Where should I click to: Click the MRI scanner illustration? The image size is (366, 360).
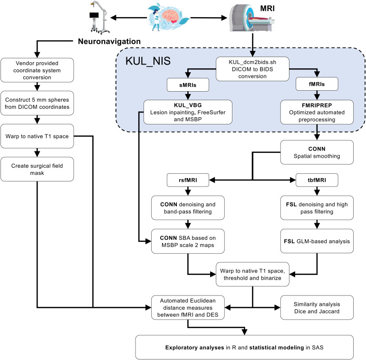click(251, 18)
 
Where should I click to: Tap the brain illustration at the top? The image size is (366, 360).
click(170, 16)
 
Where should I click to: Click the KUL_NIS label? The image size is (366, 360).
click(148, 61)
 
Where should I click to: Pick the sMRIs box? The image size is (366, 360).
click(188, 85)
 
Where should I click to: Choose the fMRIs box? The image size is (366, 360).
click(317, 84)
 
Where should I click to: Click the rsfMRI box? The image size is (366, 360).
click(188, 180)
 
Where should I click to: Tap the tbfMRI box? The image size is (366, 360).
click(317, 180)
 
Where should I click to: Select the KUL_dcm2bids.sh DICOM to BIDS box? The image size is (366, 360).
click(252, 69)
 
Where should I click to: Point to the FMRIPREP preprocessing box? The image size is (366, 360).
click(317, 112)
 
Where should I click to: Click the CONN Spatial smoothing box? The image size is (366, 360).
click(317, 152)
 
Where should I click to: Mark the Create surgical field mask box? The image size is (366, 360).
click(37, 169)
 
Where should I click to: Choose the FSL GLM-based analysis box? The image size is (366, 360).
click(317, 241)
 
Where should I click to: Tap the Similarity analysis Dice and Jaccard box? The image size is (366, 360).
click(317, 308)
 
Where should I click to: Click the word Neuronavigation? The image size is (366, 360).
click(109, 41)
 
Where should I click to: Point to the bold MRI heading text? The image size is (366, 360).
click(267, 9)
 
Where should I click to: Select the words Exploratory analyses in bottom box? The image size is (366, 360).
click(195, 347)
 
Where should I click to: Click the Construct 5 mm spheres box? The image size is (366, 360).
click(37, 103)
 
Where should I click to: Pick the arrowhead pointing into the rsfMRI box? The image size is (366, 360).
click(212, 180)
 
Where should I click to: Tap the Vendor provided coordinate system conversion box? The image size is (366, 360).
click(37, 70)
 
